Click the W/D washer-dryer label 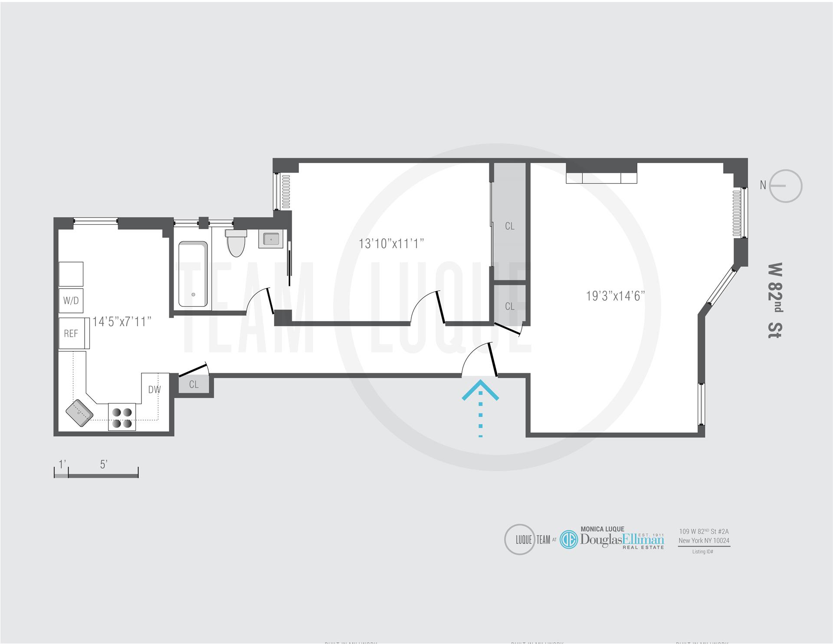[71, 300]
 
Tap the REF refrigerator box [72, 333]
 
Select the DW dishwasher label [154, 389]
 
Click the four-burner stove [121, 417]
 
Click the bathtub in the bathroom [193, 274]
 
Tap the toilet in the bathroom [236, 243]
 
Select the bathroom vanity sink [271, 239]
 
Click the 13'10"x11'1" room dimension [391, 243]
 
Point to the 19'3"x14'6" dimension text [615, 296]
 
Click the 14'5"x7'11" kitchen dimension [122, 322]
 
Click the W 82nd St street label [774, 300]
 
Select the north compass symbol [785, 186]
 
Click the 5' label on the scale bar [103, 464]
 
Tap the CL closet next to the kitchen [194, 384]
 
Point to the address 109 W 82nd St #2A [704, 532]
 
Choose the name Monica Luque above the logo [602, 529]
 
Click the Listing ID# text [702, 552]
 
